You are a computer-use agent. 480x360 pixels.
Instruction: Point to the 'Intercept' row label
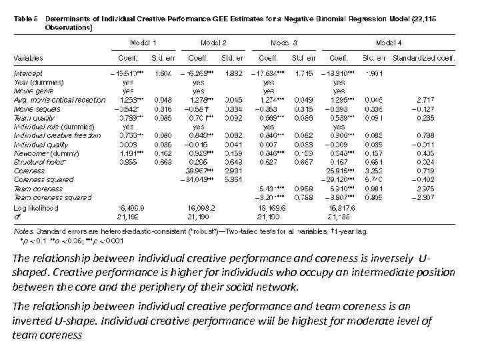(x=28, y=71)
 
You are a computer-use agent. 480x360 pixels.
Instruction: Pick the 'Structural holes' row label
(x=38, y=161)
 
